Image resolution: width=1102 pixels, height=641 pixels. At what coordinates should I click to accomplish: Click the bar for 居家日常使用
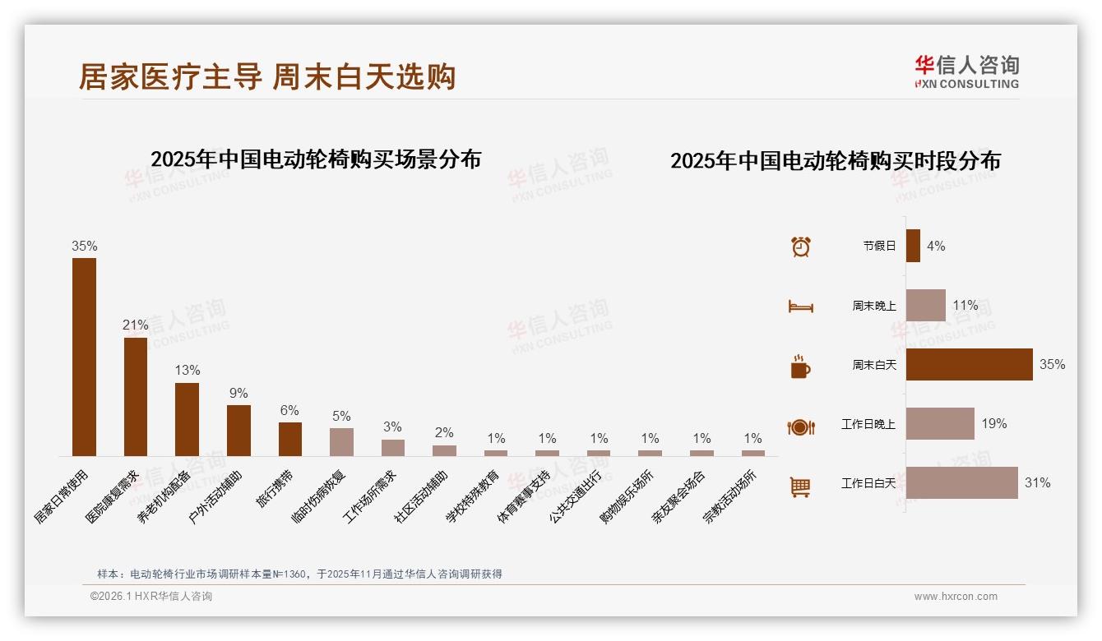[84, 357]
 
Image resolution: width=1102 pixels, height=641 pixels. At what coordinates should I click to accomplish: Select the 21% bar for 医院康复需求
[136, 396]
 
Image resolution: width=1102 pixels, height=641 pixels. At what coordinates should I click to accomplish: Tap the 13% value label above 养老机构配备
[187, 371]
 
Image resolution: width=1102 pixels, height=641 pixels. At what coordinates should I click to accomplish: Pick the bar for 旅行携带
[290, 439]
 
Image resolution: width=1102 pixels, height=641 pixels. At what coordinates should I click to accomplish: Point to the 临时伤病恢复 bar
[341, 442]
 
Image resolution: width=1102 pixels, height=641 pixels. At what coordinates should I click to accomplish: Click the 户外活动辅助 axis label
[218, 497]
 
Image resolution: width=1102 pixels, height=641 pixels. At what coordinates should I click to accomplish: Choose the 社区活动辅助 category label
[423, 497]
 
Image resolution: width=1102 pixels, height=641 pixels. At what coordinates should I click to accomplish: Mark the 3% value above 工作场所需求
[392, 427]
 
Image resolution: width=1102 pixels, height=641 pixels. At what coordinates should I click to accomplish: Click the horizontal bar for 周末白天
[969, 364]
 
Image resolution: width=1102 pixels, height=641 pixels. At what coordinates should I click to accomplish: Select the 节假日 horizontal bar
[913, 246]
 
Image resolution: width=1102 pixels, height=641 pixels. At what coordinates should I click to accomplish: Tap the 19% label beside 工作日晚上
[993, 424]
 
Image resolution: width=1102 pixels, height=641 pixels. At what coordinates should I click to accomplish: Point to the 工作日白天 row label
[868, 483]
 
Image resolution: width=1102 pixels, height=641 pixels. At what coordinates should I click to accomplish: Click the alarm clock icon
[801, 247]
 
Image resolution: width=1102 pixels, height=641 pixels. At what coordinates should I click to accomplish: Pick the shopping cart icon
[800, 487]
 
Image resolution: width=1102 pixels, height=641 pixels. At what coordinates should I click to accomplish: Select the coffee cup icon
[800, 367]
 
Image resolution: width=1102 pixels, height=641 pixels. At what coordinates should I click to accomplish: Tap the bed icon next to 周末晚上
[800, 307]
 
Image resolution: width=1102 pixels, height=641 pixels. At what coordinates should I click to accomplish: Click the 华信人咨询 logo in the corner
[966, 72]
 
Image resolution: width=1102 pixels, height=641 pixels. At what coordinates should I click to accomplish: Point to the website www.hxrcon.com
[956, 597]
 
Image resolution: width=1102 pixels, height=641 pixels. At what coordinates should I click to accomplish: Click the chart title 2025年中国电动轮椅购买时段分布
[835, 161]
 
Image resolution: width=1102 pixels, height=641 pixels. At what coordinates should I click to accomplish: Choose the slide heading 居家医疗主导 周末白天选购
[267, 77]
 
